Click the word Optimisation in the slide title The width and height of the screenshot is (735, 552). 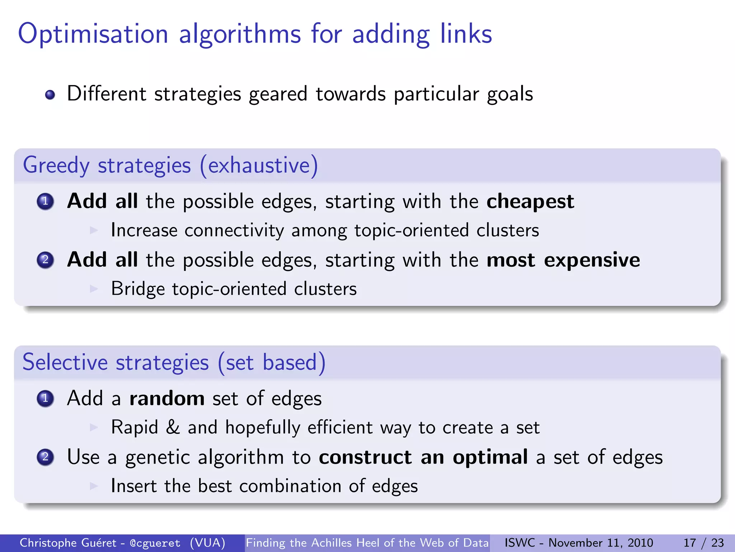tap(93, 34)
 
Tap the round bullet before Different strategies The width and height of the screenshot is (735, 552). tap(50, 95)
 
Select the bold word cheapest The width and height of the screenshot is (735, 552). tap(530, 201)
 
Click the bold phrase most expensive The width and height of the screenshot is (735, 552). tap(563, 260)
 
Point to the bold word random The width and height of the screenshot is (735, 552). tap(167, 399)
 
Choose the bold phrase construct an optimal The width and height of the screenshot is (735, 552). tap(423, 457)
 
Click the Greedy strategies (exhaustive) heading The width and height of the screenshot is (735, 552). tap(170, 165)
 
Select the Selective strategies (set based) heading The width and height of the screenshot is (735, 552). tap(174, 362)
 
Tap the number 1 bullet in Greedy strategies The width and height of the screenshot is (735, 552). tap(45, 201)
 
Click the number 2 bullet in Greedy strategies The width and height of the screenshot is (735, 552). tap(45, 260)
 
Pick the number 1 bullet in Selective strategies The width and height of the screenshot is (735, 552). tap(45, 399)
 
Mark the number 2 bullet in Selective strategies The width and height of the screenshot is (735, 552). tap(45, 457)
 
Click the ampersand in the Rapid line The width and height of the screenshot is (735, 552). tap(173, 428)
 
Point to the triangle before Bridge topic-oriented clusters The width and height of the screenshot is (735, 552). tap(94, 289)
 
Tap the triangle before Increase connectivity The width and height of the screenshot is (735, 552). tap(94, 230)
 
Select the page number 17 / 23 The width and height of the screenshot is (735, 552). tap(704, 543)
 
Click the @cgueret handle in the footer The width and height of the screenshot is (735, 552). tap(155, 543)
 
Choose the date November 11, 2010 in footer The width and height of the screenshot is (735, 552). tap(601, 543)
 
